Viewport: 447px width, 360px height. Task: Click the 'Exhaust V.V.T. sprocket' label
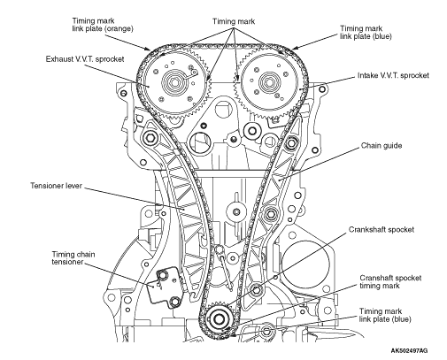point(85,59)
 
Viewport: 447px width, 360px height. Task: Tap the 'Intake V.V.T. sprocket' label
point(393,75)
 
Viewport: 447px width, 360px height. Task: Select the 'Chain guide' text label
point(381,146)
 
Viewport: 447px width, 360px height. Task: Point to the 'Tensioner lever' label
point(56,186)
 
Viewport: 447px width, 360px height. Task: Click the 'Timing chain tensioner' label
point(73,258)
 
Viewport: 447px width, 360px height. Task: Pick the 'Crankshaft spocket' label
point(381,230)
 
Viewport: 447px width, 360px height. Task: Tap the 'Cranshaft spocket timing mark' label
point(390,282)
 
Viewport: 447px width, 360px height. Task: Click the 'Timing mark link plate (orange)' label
point(103,25)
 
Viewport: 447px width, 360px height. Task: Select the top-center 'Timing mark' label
point(234,21)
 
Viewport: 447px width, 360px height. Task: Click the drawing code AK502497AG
point(409,350)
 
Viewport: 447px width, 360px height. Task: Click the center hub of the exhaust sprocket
point(172,82)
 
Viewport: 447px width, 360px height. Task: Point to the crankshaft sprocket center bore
point(219,318)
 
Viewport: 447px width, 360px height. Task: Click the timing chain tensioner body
point(163,288)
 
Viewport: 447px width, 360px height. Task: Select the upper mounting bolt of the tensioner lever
point(150,137)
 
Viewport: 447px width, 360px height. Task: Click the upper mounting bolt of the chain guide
point(291,143)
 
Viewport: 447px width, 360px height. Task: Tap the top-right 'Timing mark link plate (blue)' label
point(366,33)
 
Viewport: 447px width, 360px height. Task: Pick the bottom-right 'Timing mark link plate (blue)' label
point(385,315)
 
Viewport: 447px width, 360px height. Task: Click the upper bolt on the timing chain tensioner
point(163,275)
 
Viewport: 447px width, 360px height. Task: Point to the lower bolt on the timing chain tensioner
point(175,302)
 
